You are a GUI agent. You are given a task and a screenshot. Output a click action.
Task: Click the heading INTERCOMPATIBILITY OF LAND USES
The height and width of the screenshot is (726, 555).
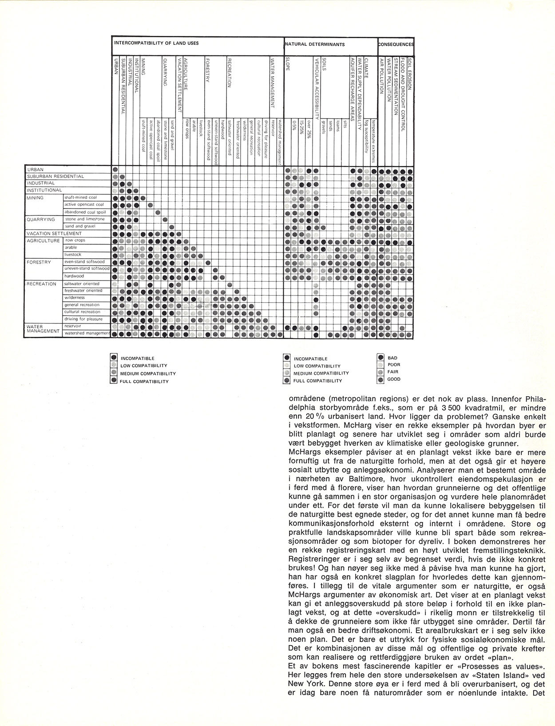pyautogui.click(x=156, y=43)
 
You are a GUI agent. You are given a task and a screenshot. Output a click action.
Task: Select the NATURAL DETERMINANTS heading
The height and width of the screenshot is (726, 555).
pyautogui.click(x=315, y=44)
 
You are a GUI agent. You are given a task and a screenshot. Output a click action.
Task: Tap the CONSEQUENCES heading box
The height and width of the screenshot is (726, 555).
pyautogui.click(x=396, y=44)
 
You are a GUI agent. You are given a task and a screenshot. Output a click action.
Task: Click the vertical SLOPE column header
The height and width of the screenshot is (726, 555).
pyautogui.click(x=288, y=67)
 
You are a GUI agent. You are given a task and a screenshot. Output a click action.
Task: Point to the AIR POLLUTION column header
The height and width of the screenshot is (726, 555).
pyautogui.click(x=381, y=75)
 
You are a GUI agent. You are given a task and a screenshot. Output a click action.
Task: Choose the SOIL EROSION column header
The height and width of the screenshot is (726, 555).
pyautogui.click(x=410, y=73)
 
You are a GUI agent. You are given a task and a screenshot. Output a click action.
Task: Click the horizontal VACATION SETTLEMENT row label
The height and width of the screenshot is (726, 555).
pyautogui.click(x=54, y=233)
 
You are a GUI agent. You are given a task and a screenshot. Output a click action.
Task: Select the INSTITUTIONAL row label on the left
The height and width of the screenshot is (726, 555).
pyautogui.click(x=44, y=190)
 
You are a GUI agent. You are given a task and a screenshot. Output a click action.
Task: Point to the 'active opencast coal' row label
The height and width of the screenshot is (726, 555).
pyautogui.click(x=84, y=205)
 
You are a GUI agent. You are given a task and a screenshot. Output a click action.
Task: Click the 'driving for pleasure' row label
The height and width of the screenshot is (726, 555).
pyautogui.click(x=83, y=319)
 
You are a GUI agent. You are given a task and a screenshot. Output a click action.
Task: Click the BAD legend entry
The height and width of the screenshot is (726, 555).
pyautogui.click(x=392, y=357)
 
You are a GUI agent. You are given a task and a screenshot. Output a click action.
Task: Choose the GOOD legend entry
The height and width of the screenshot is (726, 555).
pyautogui.click(x=394, y=379)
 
